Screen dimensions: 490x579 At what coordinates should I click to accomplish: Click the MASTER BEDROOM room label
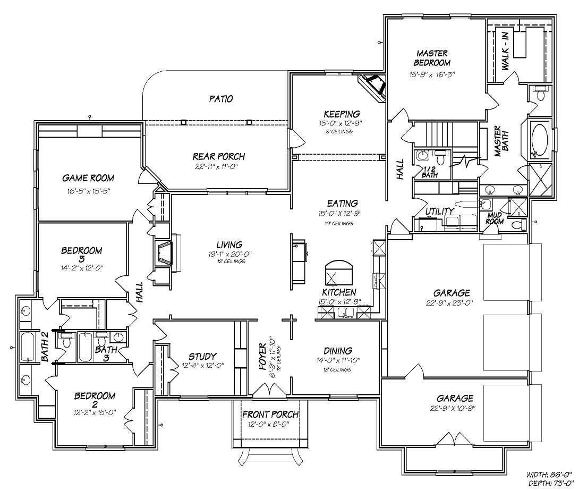pyautogui.click(x=432, y=57)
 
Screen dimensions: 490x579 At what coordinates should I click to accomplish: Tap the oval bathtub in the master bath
pyautogui.click(x=541, y=140)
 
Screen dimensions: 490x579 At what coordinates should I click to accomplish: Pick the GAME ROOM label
pyautogui.click(x=88, y=178)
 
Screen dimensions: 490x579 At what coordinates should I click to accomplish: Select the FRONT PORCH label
pyautogui.click(x=270, y=415)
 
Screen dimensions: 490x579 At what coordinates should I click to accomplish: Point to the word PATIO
pyautogui.click(x=220, y=99)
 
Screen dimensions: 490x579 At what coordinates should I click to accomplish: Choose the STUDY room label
pyautogui.click(x=202, y=356)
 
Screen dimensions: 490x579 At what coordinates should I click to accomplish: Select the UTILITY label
pyautogui.click(x=439, y=211)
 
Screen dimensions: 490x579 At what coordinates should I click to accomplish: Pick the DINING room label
pyautogui.click(x=338, y=351)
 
